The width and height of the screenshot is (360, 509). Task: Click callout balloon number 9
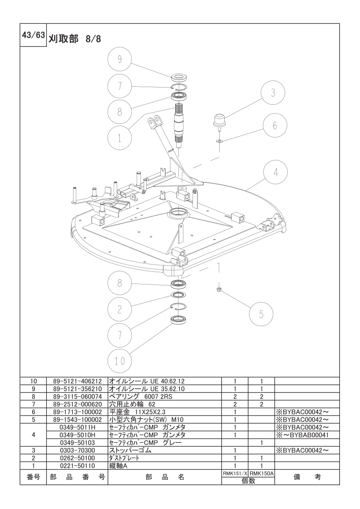tap(119, 60)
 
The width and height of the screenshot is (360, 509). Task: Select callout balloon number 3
tap(273, 93)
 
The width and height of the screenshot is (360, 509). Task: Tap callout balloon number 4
tap(276, 172)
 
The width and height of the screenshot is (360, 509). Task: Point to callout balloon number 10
tap(119, 361)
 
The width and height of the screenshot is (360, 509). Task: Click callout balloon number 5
tap(261, 314)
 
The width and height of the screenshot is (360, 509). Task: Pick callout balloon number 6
tap(275, 125)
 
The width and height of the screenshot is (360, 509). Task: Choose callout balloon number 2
tap(119, 309)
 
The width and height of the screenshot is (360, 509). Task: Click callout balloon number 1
tap(119, 138)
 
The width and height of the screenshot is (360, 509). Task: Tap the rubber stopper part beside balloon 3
tap(219, 121)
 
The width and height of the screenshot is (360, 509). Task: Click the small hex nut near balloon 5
tap(219, 289)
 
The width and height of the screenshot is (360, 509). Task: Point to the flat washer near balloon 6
tap(219, 141)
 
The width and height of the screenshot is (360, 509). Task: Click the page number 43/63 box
tap(33, 35)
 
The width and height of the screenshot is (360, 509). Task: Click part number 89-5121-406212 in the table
tap(77, 381)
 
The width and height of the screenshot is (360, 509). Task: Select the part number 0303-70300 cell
tap(77, 450)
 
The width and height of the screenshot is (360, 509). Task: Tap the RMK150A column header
tap(261, 474)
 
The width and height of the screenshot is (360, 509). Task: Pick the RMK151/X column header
tap(235, 474)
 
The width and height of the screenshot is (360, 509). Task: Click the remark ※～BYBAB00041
tap(302, 435)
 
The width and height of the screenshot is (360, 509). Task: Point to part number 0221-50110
tap(77, 466)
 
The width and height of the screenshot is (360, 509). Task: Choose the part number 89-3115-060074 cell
tap(77, 396)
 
